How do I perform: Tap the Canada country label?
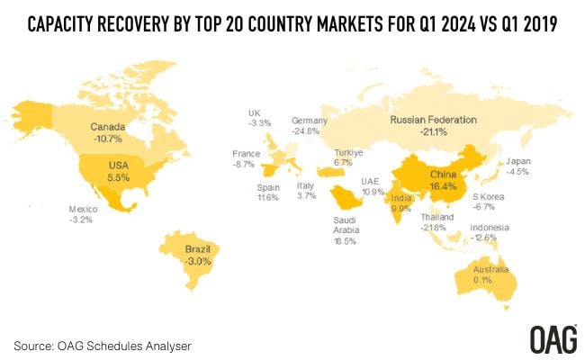coord(107,127)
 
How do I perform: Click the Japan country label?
coord(520,162)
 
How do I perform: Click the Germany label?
coord(309,121)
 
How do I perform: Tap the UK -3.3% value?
coord(259,123)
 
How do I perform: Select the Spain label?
coord(267,184)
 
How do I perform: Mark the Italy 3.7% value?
coord(306,195)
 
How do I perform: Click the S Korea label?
coord(489,196)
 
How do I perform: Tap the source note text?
coord(103,344)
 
